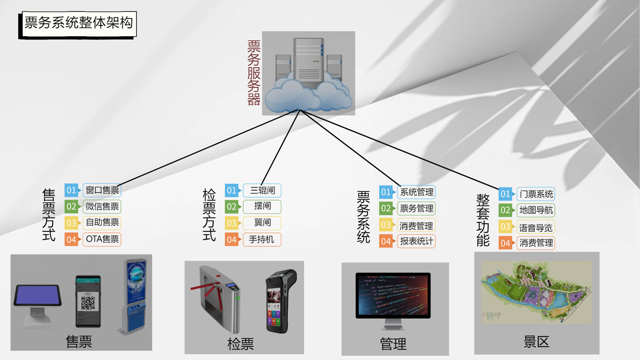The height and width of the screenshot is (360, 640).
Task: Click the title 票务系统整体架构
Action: click(x=78, y=23)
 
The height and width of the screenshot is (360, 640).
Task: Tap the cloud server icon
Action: click(x=309, y=73)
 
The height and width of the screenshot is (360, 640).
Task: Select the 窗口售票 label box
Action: click(x=102, y=190)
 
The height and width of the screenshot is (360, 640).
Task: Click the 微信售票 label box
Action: click(x=102, y=206)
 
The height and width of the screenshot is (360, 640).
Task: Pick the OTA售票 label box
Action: click(x=102, y=240)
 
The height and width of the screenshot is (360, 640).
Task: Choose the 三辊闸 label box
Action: click(x=262, y=191)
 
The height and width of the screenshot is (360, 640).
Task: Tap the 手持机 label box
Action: click(x=262, y=240)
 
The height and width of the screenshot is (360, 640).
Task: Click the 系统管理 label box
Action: click(x=416, y=192)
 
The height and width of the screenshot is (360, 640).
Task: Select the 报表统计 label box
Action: click(x=416, y=241)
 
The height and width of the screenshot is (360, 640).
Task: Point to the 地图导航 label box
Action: click(x=536, y=210)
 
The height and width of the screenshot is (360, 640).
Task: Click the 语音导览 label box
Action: click(x=536, y=228)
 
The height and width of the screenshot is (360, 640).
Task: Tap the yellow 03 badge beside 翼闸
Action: click(x=232, y=223)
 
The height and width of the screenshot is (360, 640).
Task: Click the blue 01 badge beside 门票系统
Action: click(x=505, y=194)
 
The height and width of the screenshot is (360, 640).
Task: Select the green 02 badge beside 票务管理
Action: click(x=386, y=209)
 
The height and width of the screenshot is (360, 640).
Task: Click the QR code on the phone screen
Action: click(x=88, y=302)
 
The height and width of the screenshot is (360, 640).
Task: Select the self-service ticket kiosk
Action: click(x=134, y=296)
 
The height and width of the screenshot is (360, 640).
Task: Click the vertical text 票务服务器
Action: click(x=254, y=73)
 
